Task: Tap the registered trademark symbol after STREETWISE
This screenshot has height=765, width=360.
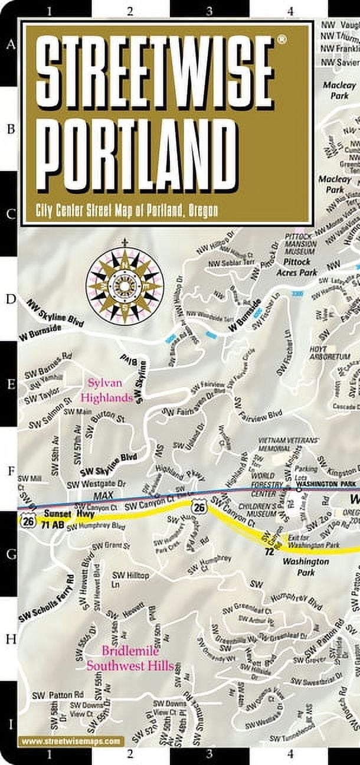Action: pos(282,40)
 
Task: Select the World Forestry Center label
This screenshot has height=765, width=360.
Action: pos(272,480)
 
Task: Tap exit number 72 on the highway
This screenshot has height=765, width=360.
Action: pos(269,551)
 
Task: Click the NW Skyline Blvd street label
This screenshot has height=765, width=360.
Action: pos(57,312)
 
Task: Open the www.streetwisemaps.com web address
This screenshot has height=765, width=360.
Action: pos(71,740)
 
